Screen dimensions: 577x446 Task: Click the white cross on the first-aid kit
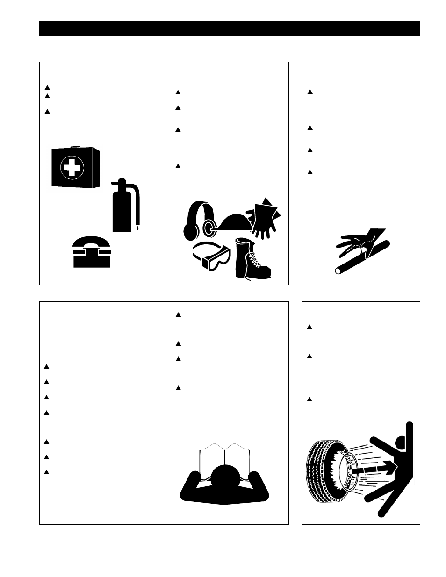pos(72,167)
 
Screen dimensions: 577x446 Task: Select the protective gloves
pos(266,217)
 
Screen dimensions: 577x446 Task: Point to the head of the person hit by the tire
pos(399,443)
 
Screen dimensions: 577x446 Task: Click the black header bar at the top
pos(229,28)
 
